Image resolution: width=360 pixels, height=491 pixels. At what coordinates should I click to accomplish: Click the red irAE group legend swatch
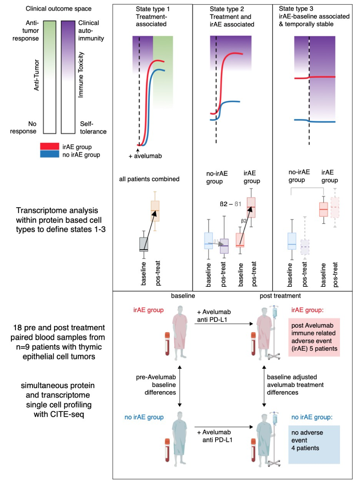pos(50,147)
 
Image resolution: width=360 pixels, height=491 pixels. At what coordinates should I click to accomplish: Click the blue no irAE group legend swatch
pos(50,154)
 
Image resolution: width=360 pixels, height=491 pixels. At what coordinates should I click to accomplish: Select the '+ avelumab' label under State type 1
pos(145,156)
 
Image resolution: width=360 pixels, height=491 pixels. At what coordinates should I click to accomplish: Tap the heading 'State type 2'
pos(227,9)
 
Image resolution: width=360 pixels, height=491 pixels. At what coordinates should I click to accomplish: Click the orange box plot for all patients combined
pos(155,211)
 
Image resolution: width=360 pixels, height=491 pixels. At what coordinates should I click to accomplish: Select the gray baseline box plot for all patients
pos(144,244)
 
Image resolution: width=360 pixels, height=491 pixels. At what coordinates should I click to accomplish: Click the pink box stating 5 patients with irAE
pos(314,337)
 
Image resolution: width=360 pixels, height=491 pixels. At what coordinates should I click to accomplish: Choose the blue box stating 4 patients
pos(314,444)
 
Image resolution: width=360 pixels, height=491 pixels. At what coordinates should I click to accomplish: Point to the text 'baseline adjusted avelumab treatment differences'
pos(295,385)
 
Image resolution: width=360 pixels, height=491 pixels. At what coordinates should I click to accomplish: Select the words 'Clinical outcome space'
pos(59,8)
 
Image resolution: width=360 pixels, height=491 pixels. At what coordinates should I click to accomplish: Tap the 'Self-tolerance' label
pos(93,127)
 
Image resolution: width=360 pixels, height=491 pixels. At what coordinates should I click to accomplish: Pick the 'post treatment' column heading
pos(280,296)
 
